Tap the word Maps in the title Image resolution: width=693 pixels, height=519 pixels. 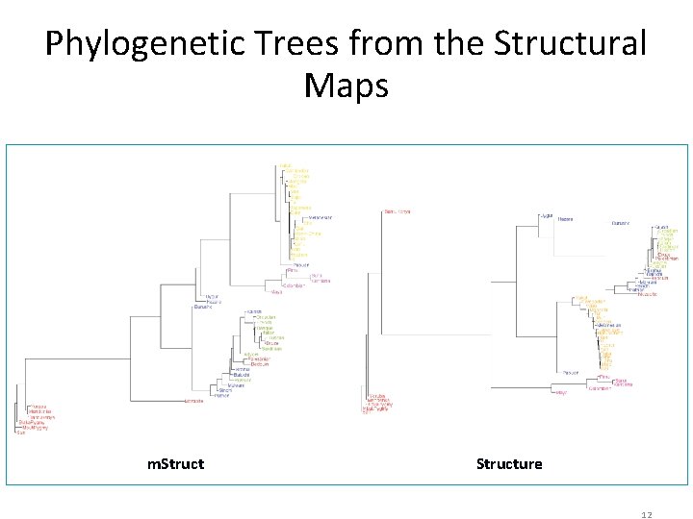[x=346, y=86]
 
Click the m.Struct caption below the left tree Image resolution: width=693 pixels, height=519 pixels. [x=175, y=464]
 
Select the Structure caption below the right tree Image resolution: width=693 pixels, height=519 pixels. [x=509, y=464]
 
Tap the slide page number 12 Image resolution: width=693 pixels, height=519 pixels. [x=648, y=515]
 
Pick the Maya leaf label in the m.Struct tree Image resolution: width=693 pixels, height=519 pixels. [x=276, y=291]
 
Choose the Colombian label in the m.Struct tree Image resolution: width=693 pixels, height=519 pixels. [x=294, y=285]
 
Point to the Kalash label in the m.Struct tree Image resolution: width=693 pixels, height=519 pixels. [x=254, y=311]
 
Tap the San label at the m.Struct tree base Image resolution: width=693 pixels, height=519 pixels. [x=20, y=432]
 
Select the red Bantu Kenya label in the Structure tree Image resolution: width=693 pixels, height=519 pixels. [x=397, y=211]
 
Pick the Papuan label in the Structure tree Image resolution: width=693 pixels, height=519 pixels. [x=571, y=372]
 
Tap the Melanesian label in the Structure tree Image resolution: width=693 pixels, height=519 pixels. [x=609, y=326]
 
